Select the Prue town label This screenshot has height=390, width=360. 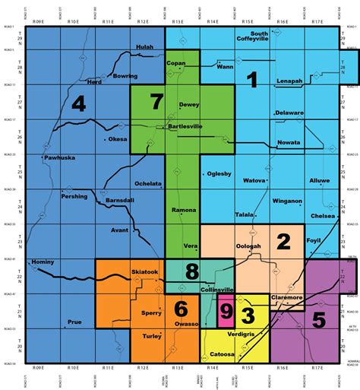(x=74, y=322)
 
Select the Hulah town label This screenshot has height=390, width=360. (x=144, y=47)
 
